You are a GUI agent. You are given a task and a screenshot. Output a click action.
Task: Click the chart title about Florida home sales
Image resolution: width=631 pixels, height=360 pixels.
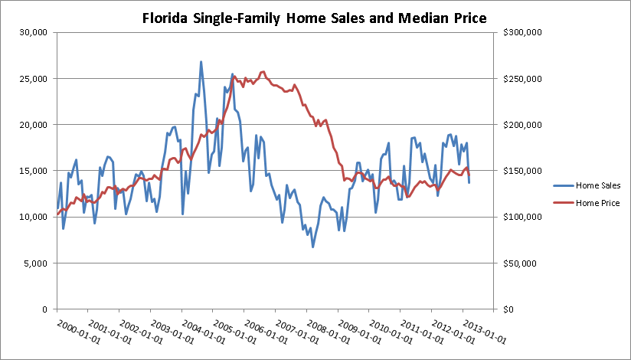(315, 19)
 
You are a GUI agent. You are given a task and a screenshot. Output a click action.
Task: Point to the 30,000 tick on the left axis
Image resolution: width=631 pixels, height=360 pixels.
(34, 32)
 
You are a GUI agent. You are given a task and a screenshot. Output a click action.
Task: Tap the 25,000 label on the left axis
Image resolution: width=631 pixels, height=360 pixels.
(34, 79)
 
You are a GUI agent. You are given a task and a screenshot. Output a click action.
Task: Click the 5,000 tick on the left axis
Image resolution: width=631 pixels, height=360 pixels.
(37, 263)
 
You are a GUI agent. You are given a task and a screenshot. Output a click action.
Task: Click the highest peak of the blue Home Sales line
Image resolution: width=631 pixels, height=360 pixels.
(201, 61)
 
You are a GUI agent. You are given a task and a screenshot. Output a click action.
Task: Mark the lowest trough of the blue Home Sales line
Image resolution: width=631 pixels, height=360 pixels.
(312, 247)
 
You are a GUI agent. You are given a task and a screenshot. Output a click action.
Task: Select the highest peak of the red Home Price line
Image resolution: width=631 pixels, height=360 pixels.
(263, 71)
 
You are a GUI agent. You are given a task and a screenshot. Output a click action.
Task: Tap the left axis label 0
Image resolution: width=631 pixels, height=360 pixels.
(45, 309)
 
